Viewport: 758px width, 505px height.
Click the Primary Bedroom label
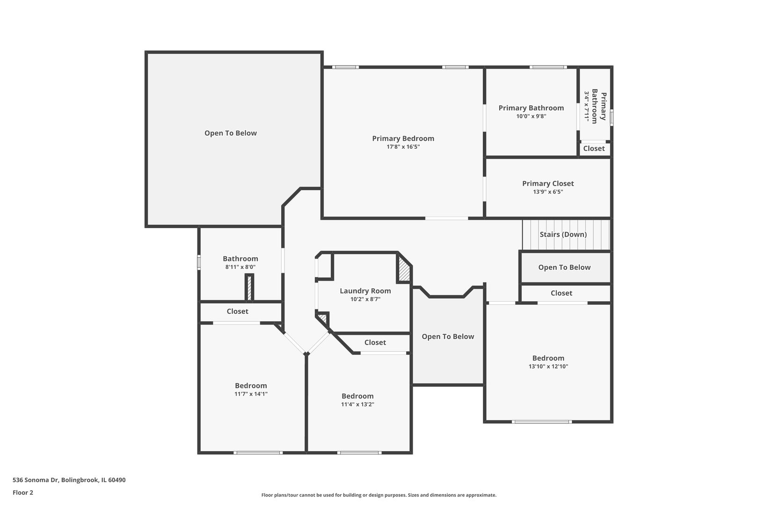(403, 138)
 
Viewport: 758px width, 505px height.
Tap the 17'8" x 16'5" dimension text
(403, 147)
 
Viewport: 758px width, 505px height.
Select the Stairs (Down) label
(563, 234)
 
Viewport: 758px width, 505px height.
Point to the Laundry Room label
(365, 291)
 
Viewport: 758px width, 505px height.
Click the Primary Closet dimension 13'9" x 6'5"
(548, 192)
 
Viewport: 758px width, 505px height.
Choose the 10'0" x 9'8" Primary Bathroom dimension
(531, 116)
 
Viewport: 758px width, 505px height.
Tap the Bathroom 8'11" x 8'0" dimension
(240, 267)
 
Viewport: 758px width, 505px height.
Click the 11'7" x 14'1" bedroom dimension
(251, 394)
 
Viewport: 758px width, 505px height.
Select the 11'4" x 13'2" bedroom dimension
(357, 404)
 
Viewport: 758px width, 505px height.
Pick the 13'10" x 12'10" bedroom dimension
(548, 366)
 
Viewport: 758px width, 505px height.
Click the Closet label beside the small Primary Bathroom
(594, 149)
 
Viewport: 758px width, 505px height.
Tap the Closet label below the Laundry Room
(375, 343)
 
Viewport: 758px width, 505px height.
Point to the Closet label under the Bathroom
(237, 311)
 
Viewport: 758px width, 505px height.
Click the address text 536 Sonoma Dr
(36, 480)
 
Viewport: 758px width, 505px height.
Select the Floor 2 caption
(22, 492)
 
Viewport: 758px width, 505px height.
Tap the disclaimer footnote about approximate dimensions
(379, 495)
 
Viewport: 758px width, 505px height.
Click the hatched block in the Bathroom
(249, 288)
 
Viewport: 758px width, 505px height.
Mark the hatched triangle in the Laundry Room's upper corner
(404, 269)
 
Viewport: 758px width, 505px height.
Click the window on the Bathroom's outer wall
(199, 262)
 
